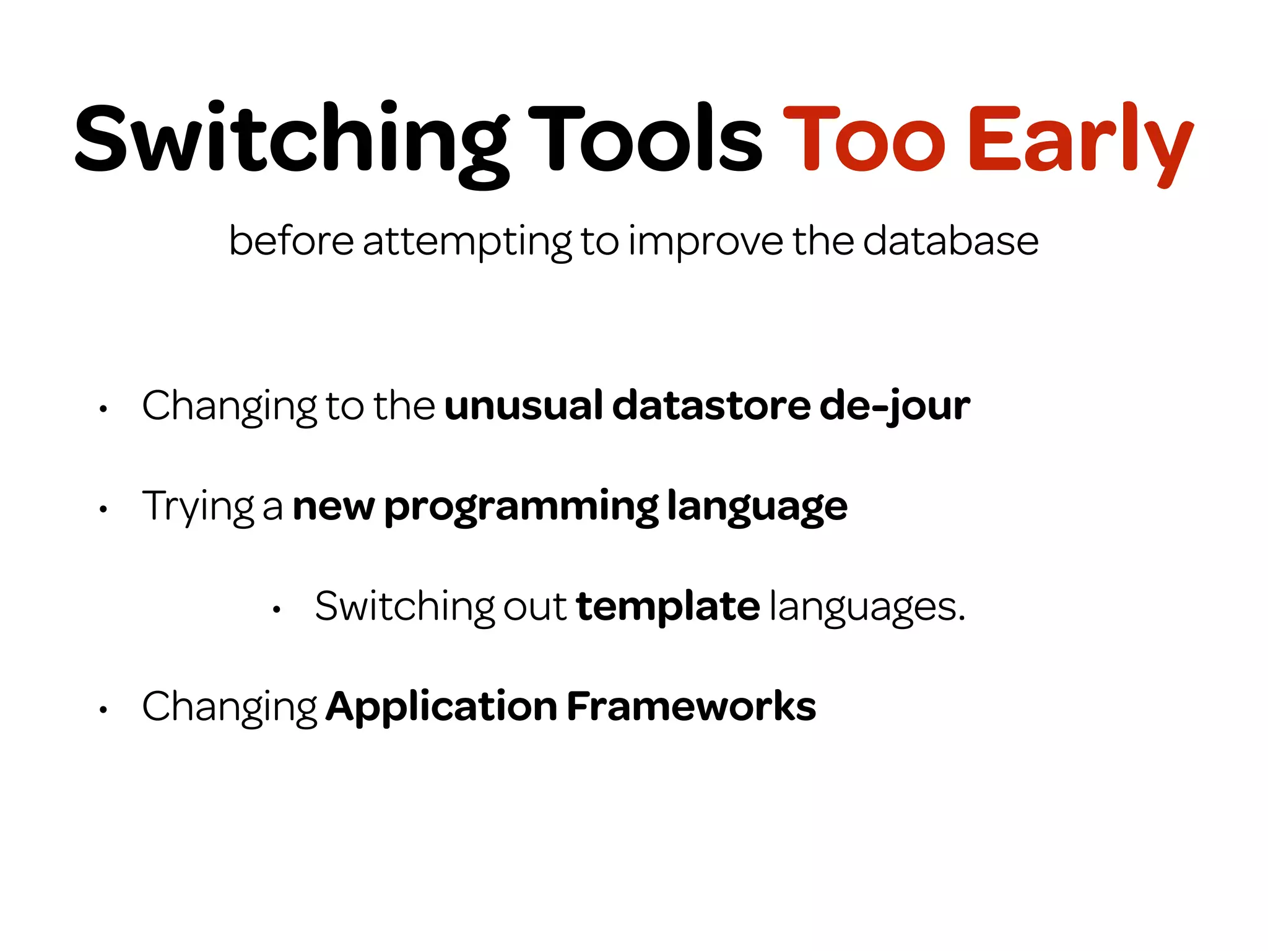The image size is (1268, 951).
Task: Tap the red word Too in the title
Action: click(864, 139)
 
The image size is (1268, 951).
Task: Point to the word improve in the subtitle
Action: click(705, 241)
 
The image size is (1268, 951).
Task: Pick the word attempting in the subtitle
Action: click(467, 241)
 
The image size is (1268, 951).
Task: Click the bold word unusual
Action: click(524, 406)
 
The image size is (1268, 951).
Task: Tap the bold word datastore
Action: click(711, 406)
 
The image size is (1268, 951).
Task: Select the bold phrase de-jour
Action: click(895, 407)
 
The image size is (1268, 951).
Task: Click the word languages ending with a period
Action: click(867, 607)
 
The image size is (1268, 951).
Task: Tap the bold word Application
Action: click(441, 706)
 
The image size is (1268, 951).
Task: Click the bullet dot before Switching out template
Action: click(277, 610)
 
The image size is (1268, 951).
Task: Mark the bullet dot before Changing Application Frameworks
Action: click(103, 710)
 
